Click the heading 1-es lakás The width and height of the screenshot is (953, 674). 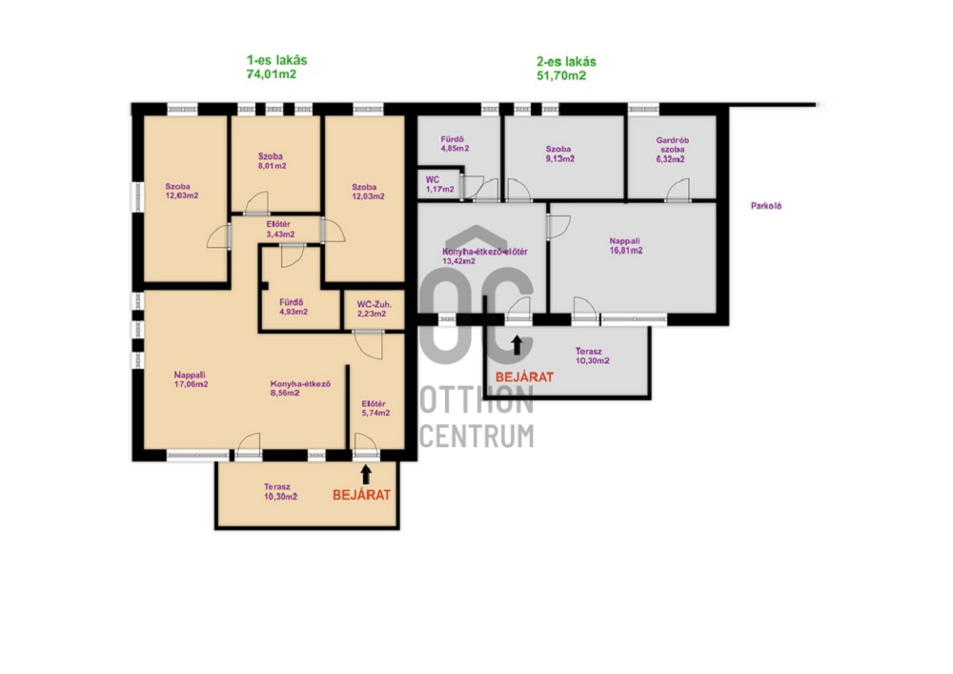276,60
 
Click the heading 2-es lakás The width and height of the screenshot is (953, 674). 566,61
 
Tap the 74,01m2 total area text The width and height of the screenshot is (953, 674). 271,74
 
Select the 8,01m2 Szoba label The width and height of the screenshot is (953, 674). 272,161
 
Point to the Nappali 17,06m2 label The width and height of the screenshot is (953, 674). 191,379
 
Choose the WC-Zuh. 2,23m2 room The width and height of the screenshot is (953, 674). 372,309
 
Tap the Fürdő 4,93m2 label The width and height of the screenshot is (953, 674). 293,307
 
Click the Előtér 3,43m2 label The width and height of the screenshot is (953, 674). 279,229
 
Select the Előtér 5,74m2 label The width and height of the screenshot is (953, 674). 375,408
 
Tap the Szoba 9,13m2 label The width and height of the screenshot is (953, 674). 559,153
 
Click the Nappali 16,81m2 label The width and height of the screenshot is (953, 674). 625,246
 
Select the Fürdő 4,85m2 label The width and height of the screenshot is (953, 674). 454,144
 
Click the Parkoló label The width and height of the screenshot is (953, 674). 766,206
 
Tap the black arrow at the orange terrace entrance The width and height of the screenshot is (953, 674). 366,475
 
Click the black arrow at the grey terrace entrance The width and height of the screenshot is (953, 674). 517,345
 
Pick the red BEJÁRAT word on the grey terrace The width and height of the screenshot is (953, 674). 524,377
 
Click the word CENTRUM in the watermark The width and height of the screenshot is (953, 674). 477,436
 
